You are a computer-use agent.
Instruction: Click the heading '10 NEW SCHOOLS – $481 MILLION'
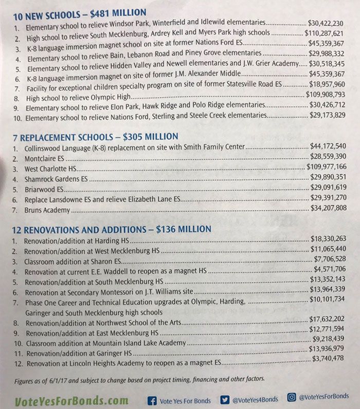(x=80, y=12)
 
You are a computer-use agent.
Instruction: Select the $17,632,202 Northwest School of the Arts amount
(x=328, y=319)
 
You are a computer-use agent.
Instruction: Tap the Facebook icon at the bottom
(x=152, y=399)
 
